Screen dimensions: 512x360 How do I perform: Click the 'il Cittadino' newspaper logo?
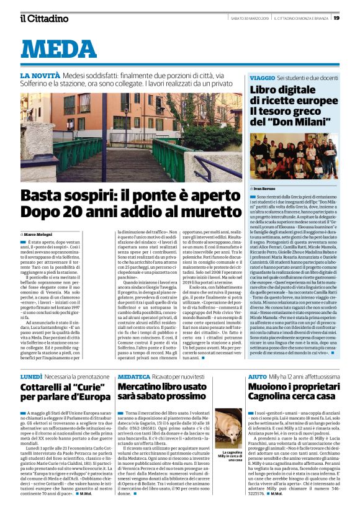(44, 18)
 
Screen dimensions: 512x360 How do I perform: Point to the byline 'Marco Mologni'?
(38, 233)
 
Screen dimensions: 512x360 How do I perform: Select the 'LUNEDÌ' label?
(32, 359)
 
